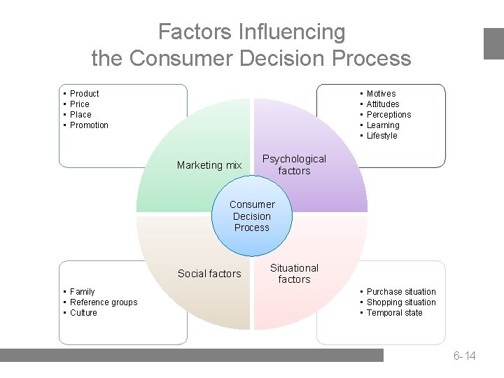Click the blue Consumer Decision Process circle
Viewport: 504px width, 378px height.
pos(252,216)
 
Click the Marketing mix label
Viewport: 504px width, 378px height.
pos(209,165)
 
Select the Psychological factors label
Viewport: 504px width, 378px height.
pos(294,164)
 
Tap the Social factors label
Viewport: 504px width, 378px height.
pos(209,274)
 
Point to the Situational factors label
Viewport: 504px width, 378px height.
pos(294,274)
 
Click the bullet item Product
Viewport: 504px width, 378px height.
pos(85,94)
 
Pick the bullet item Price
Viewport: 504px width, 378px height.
pos(80,104)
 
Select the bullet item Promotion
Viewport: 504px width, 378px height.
pos(90,125)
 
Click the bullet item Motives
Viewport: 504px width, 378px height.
pos(381,94)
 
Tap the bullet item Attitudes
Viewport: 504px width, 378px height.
pos(383,104)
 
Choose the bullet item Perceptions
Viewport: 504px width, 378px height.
pos(388,115)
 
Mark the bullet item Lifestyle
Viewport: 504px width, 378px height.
pos(381,136)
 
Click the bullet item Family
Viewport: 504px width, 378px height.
pos(83,292)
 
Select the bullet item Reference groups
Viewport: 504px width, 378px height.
pos(104,302)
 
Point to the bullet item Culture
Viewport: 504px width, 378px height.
pos(83,313)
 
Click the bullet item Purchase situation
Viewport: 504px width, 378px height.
pos(401,292)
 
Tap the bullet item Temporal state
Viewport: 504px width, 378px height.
pos(395,313)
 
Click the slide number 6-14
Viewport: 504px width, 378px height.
pos(464,356)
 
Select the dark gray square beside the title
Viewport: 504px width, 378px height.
pos(493,43)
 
